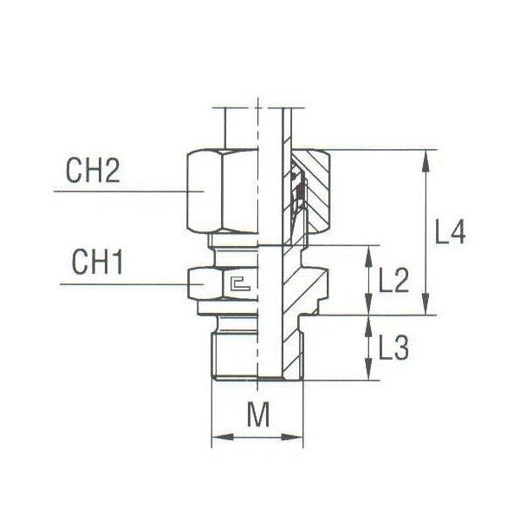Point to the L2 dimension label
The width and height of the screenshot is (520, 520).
tap(394, 279)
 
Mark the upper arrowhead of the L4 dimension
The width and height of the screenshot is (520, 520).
tap(425, 157)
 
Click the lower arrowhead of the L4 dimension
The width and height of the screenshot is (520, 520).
tap(425, 308)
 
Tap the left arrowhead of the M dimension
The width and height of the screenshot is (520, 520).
tap(218, 439)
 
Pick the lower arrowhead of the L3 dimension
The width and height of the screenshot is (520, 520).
tap(370, 375)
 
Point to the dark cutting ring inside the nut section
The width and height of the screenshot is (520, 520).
tap(300, 195)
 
